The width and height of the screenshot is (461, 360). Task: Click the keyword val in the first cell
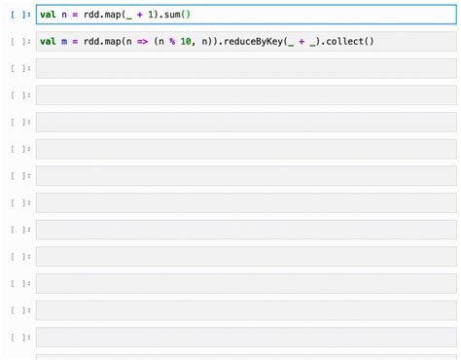tap(48, 15)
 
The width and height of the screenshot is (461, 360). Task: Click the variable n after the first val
tap(63, 15)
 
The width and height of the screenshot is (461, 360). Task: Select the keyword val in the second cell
tap(48, 41)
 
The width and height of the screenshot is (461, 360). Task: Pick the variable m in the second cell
tap(63, 41)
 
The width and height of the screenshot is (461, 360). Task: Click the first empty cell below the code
tap(243, 68)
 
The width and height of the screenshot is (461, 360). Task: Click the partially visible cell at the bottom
tap(243, 356)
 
